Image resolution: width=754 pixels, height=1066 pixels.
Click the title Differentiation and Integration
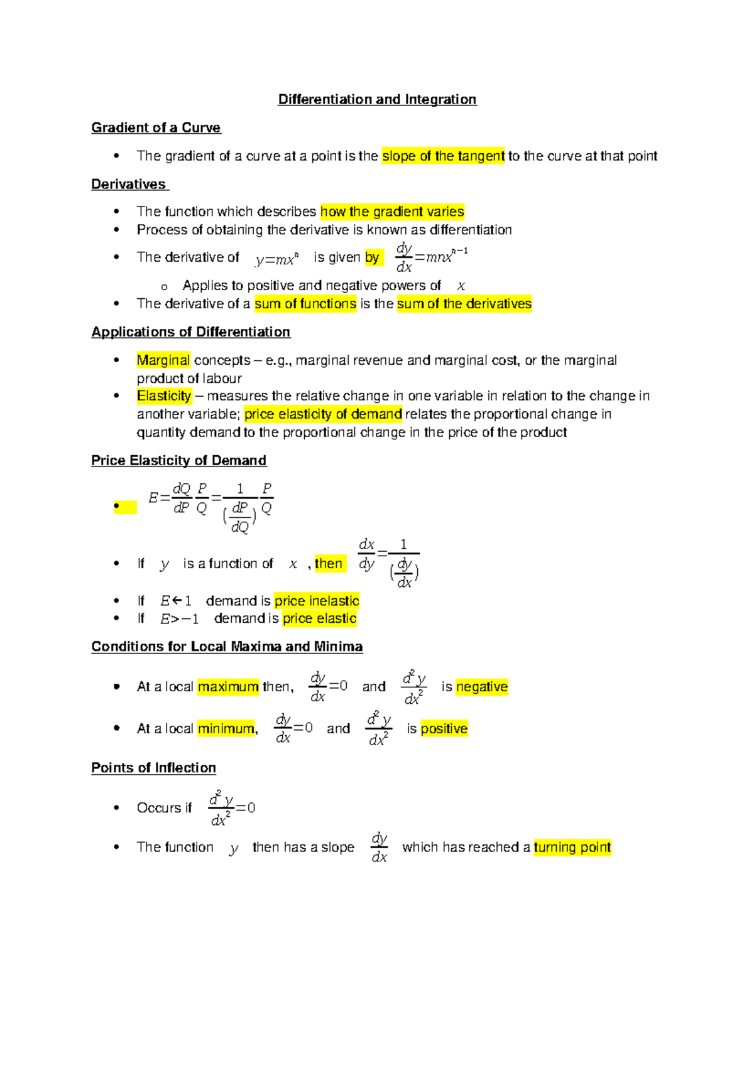coord(377,99)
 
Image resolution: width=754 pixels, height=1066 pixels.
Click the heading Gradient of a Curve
coord(156,127)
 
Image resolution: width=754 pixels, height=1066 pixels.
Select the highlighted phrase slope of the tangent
coord(443,156)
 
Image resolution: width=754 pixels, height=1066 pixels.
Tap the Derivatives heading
coord(129,184)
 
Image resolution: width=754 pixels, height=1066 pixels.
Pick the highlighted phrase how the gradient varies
coord(392,212)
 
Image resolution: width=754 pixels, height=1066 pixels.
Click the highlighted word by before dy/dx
coord(372,257)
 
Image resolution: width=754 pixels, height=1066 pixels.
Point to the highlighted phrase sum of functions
coord(305,304)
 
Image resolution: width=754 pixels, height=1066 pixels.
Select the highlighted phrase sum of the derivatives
coord(464,304)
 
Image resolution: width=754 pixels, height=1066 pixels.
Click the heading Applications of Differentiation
coord(191,331)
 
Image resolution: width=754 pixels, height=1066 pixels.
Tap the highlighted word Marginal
coord(163,360)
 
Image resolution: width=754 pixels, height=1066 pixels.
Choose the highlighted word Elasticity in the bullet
coord(164,396)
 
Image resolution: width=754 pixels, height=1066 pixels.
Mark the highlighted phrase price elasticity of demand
coord(323,414)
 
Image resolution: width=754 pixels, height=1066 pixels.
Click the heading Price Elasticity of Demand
coord(179,460)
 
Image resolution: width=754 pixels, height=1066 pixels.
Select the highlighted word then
coord(329,564)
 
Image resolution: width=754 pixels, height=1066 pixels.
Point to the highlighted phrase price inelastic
coord(317,601)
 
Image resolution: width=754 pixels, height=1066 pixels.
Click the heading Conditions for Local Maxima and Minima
coord(227,647)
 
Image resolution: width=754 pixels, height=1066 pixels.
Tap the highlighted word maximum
coord(228,687)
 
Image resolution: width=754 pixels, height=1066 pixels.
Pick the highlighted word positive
coord(444,729)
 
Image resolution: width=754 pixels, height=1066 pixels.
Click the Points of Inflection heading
coord(154,768)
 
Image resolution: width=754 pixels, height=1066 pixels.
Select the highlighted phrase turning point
coord(572,848)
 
